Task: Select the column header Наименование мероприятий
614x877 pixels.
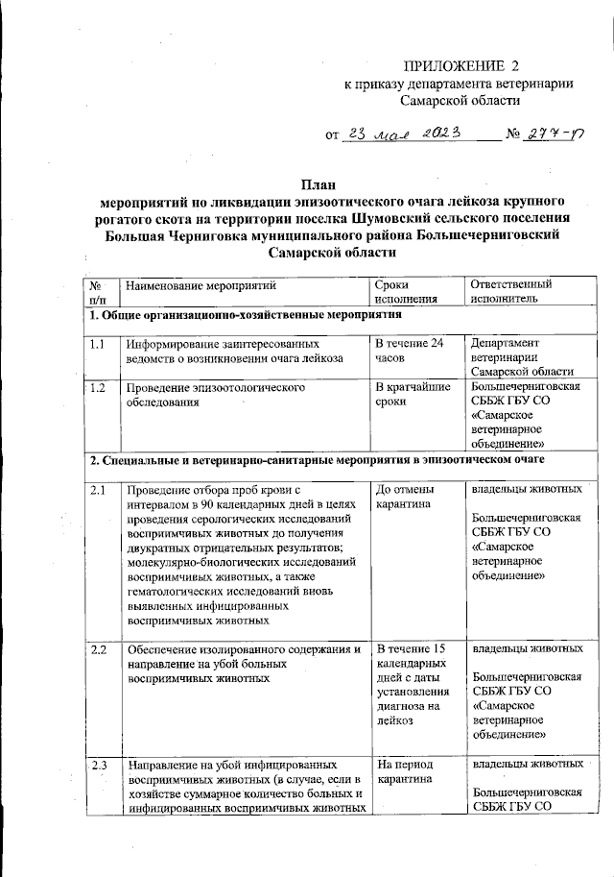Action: click(200, 284)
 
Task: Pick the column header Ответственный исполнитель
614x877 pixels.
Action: click(510, 292)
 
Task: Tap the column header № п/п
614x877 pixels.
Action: click(97, 292)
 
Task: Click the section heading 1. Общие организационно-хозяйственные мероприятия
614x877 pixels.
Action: click(243, 315)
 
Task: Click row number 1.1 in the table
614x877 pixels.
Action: click(97, 343)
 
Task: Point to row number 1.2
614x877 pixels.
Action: click(97, 388)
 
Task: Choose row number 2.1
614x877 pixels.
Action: click(97, 491)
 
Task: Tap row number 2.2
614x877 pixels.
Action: click(97, 650)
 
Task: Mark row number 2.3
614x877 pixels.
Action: click(97, 766)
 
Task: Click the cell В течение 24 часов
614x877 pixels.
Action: click(410, 351)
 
